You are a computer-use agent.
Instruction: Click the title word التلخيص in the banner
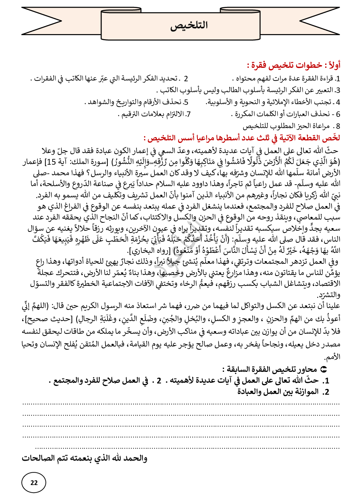189,25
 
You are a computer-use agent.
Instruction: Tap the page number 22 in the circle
34,482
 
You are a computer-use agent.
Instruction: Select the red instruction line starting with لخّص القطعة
242,138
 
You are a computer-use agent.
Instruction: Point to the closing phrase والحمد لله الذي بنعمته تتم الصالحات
85,459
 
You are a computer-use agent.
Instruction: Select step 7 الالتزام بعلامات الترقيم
154,114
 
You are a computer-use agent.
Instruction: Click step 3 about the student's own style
248,90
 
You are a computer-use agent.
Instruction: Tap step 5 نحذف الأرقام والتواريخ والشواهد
138,102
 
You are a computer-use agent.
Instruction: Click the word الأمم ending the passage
332,357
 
